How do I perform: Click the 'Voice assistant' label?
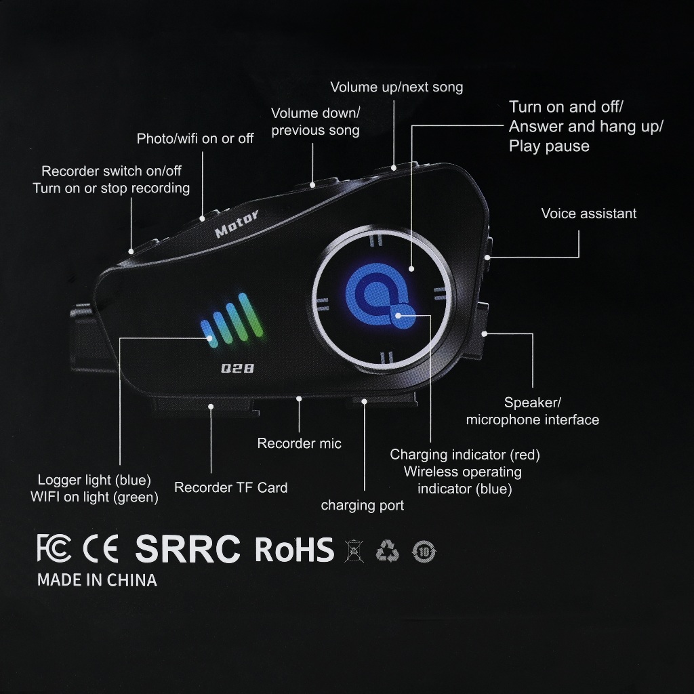588,214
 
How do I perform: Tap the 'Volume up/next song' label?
396,87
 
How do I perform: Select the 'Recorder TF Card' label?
230,487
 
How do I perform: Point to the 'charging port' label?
362,506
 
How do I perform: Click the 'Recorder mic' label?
299,444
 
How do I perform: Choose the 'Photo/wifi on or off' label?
195,139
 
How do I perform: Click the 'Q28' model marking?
232,369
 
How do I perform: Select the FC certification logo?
54,548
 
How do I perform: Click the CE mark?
100,548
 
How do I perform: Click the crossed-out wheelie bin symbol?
354,550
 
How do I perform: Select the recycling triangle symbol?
388,550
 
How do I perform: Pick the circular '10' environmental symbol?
424,551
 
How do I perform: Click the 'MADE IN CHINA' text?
97,580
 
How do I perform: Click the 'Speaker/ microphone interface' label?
532,411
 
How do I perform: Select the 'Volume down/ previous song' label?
315,121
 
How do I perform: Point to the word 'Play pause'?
549,146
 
